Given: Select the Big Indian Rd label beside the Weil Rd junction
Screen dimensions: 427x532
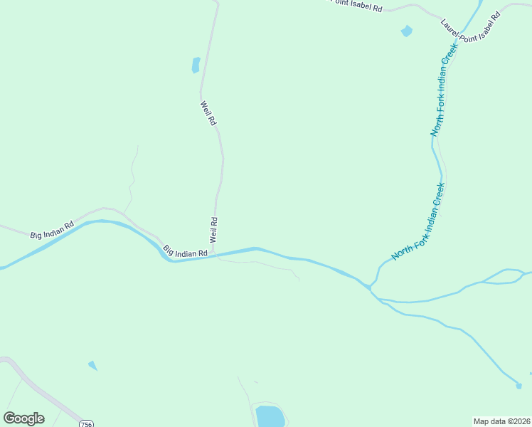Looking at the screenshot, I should click(x=185, y=251).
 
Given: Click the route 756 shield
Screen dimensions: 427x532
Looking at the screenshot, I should click(x=87, y=423).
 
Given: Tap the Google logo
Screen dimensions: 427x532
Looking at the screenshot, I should click(x=23, y=418).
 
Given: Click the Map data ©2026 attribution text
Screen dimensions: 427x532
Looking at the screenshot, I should click(x=501, y=421).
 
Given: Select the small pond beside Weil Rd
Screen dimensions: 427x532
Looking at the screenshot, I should click(x=196, y=65).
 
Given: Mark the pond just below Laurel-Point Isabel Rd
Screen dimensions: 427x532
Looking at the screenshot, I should click(x=406, y=31).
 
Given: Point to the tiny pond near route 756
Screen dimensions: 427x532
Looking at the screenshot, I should click(x=92, y=366).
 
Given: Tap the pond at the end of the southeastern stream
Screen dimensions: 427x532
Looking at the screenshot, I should click(x=519, y=386).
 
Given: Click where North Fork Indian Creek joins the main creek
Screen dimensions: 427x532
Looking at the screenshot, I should click(x=371, y=287).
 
